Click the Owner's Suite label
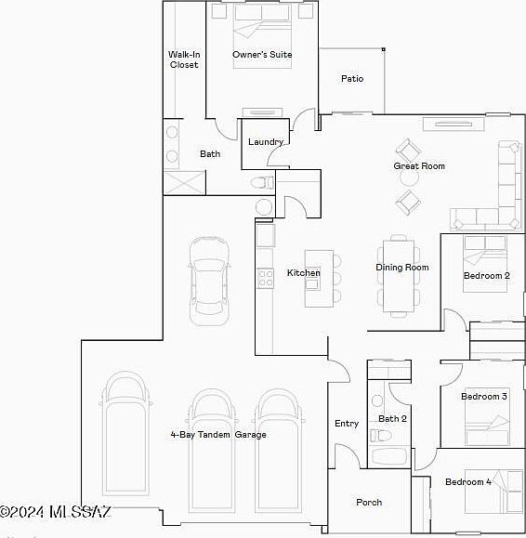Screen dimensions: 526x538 coord(262,55)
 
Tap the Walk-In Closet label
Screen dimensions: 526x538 coord(184,59)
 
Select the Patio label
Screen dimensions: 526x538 coord(352,79)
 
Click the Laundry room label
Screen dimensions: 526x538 coord(266,142)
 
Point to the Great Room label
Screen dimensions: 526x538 coord(419,166)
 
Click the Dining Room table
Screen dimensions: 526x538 coord(399,276)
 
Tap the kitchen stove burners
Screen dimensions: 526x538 coord(266,278)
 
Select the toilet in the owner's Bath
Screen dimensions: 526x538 coord(262,182)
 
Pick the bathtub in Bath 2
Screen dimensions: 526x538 coord(389,456)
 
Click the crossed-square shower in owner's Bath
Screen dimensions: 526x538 coord(185,183)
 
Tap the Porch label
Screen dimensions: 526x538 coord(369,503)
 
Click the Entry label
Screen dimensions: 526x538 coord(347,424)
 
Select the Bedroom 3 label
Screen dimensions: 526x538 coord(484,397)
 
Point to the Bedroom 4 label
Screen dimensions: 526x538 coord(468,482)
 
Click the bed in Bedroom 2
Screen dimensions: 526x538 coord(485,264)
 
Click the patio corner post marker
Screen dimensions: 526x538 coord(384,49)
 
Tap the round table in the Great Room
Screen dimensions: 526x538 coord(409,178)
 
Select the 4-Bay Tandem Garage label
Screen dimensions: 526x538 coord(218,435)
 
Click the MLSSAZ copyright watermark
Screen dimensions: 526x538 coord(55,512)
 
